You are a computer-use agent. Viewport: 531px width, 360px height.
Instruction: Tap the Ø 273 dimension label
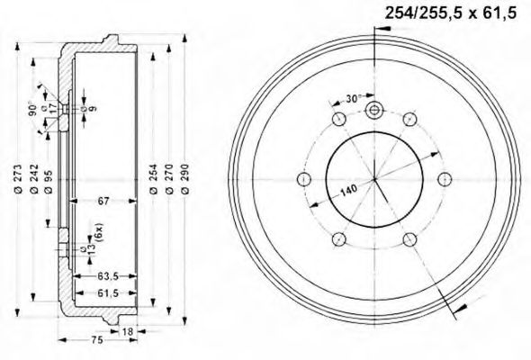(x=17, y=180)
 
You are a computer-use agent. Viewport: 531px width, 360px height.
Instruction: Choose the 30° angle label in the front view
(x=354, y=99)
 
